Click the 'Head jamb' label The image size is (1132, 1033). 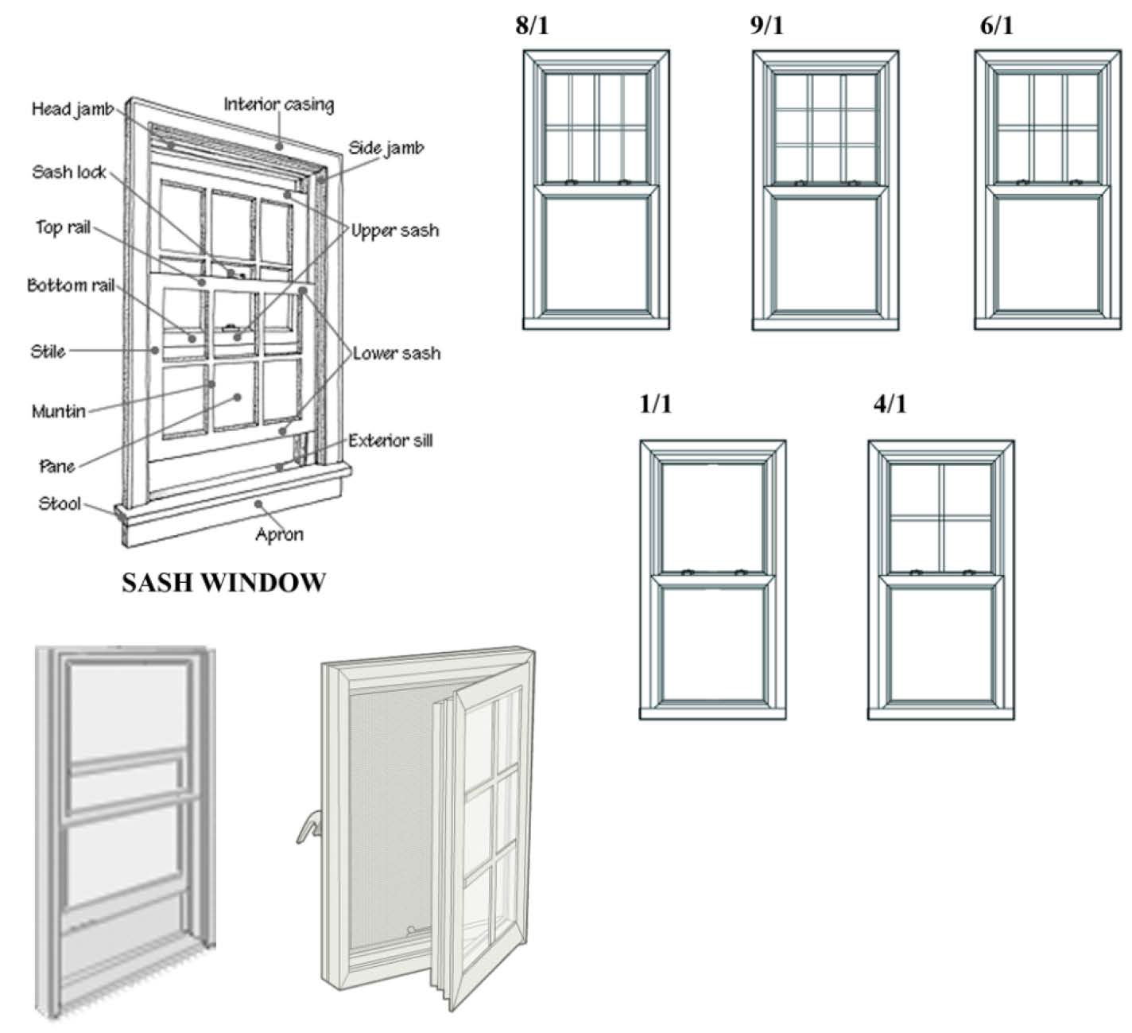point(72,109)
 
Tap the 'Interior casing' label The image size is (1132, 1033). point(278,104)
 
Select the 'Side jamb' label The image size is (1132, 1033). point(386,148)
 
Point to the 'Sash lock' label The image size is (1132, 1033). point(68,172)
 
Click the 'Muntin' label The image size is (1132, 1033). point(58,411)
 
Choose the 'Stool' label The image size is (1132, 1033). point(60,503)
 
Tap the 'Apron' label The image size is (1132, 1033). point(279,534)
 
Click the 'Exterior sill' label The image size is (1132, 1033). point(390,441)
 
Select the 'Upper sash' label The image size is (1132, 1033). point(395,231)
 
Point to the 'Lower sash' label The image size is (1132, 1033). point(396,353)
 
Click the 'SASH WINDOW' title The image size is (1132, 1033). point(223,583)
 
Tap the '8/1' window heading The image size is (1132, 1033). point(532,25)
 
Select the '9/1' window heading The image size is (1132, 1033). point(766,25)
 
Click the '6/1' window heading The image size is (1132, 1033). point(996,25)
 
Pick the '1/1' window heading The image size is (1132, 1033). point(656,404)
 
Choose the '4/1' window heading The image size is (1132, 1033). point(890,404)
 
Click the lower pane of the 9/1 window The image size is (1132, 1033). point(825,254)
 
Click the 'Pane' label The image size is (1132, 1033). point(56,467)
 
